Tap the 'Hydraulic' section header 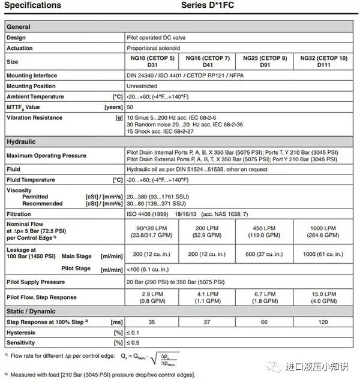[x=21, y=141]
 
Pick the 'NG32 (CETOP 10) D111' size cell [x=325, y=62]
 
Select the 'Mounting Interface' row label [x=31, y=76]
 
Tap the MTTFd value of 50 [x=130, y=107]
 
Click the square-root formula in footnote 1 [x=154, y=358]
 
